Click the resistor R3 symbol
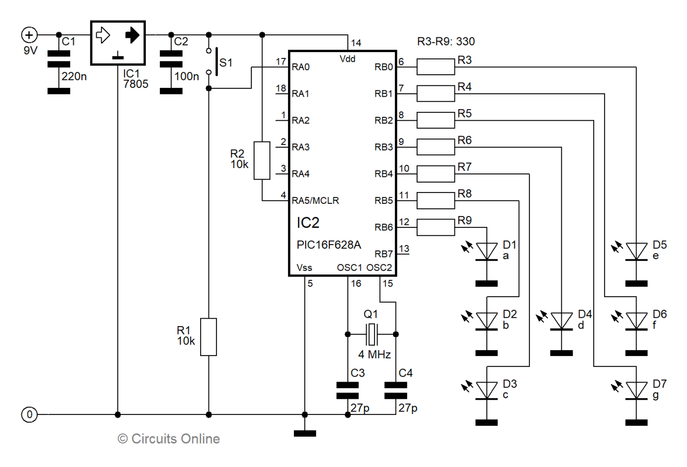[435, 67]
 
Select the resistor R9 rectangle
[435, 227]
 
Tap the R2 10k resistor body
[262, 161]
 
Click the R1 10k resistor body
[209, 337]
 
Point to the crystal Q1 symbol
[372, 334]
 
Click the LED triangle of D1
[487, 251]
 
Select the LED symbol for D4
[561, 321]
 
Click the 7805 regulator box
[118, 43]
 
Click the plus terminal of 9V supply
[29, 35]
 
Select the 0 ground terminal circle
[29, 414]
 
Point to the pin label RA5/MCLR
[315, 200]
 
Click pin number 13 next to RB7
[404, 248]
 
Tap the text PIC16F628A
[329, 245]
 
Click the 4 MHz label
[374, 355]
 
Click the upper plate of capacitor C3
[347, 385]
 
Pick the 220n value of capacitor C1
[74, 76]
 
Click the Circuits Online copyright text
[169, 439]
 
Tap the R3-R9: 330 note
[446, 42]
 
